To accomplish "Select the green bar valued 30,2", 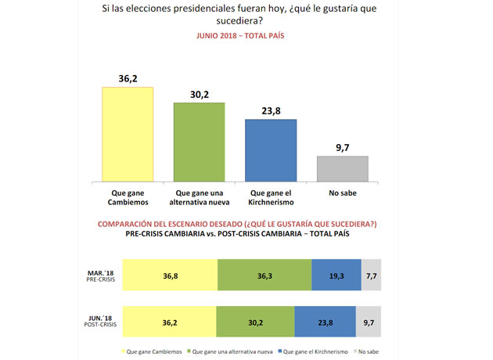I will point(199,142).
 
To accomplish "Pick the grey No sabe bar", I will point(342,168).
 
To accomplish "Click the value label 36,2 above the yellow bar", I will point(128,79).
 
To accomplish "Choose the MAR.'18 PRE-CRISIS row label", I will point(100,275).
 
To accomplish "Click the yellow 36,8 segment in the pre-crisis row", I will point(171,276).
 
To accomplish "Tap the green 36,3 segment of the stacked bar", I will point(264,276).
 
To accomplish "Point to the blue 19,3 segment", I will point(336,276).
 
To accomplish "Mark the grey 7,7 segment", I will point(370,276).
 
